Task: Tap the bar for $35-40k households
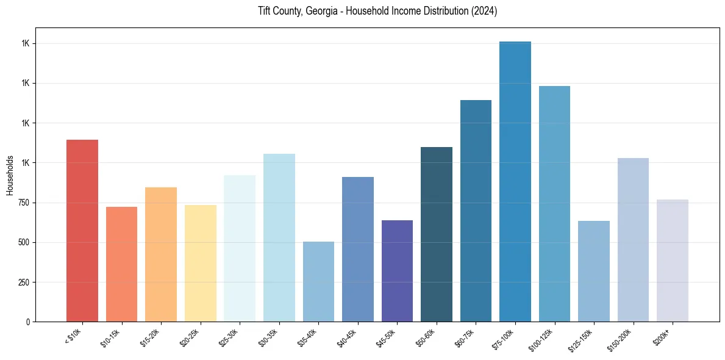tap(318, 281)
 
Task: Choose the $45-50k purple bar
tap(397, 271)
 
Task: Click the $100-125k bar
tap(554, 204)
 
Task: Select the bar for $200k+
tap(673, 261)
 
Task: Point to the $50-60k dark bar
tap(437, 234)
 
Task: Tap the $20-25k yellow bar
tap(200, 263)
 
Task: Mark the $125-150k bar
tap(594, 271)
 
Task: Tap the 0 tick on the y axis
tap(27, 322)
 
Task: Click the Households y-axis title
tap(10, 175)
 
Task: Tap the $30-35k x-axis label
tap(269, 337)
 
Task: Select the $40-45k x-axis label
tap(348, 337)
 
